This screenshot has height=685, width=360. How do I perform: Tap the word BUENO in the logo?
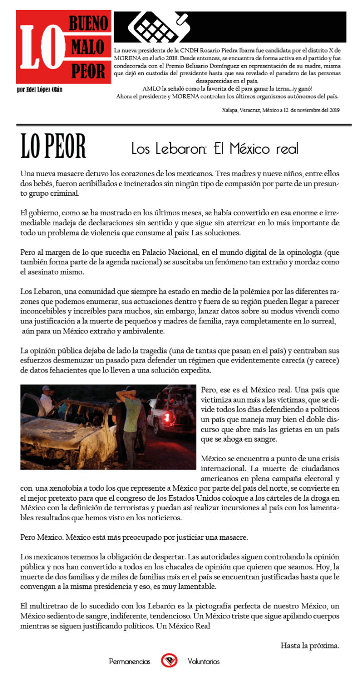tap(88, 23)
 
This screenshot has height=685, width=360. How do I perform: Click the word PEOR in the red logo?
tap(88, 72)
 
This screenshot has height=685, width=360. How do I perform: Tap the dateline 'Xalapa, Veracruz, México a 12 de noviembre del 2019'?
tap(280, 110)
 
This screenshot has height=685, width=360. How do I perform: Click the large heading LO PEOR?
tap(53, 147)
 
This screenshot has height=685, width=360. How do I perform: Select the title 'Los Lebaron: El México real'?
tap(215, 149)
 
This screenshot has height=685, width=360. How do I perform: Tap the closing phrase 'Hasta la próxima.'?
tap(309, 645)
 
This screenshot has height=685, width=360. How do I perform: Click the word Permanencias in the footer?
tap(130, 661)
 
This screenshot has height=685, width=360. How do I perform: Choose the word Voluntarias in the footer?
tap(203, 661)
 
